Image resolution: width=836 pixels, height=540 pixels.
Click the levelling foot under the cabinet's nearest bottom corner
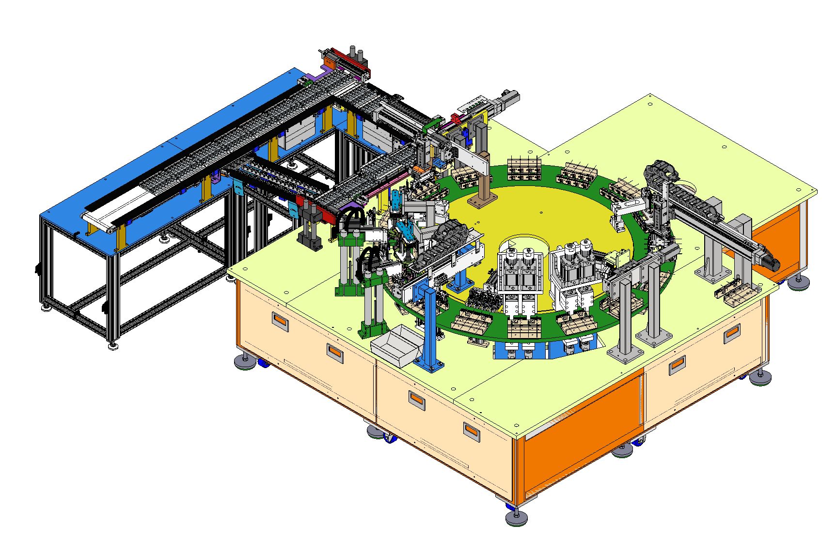click(x=516, y=518)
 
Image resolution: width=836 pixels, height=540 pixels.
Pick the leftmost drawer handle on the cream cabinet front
click(x=281, y=320)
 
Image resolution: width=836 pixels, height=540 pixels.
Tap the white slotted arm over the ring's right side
click(x=630, y=205)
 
